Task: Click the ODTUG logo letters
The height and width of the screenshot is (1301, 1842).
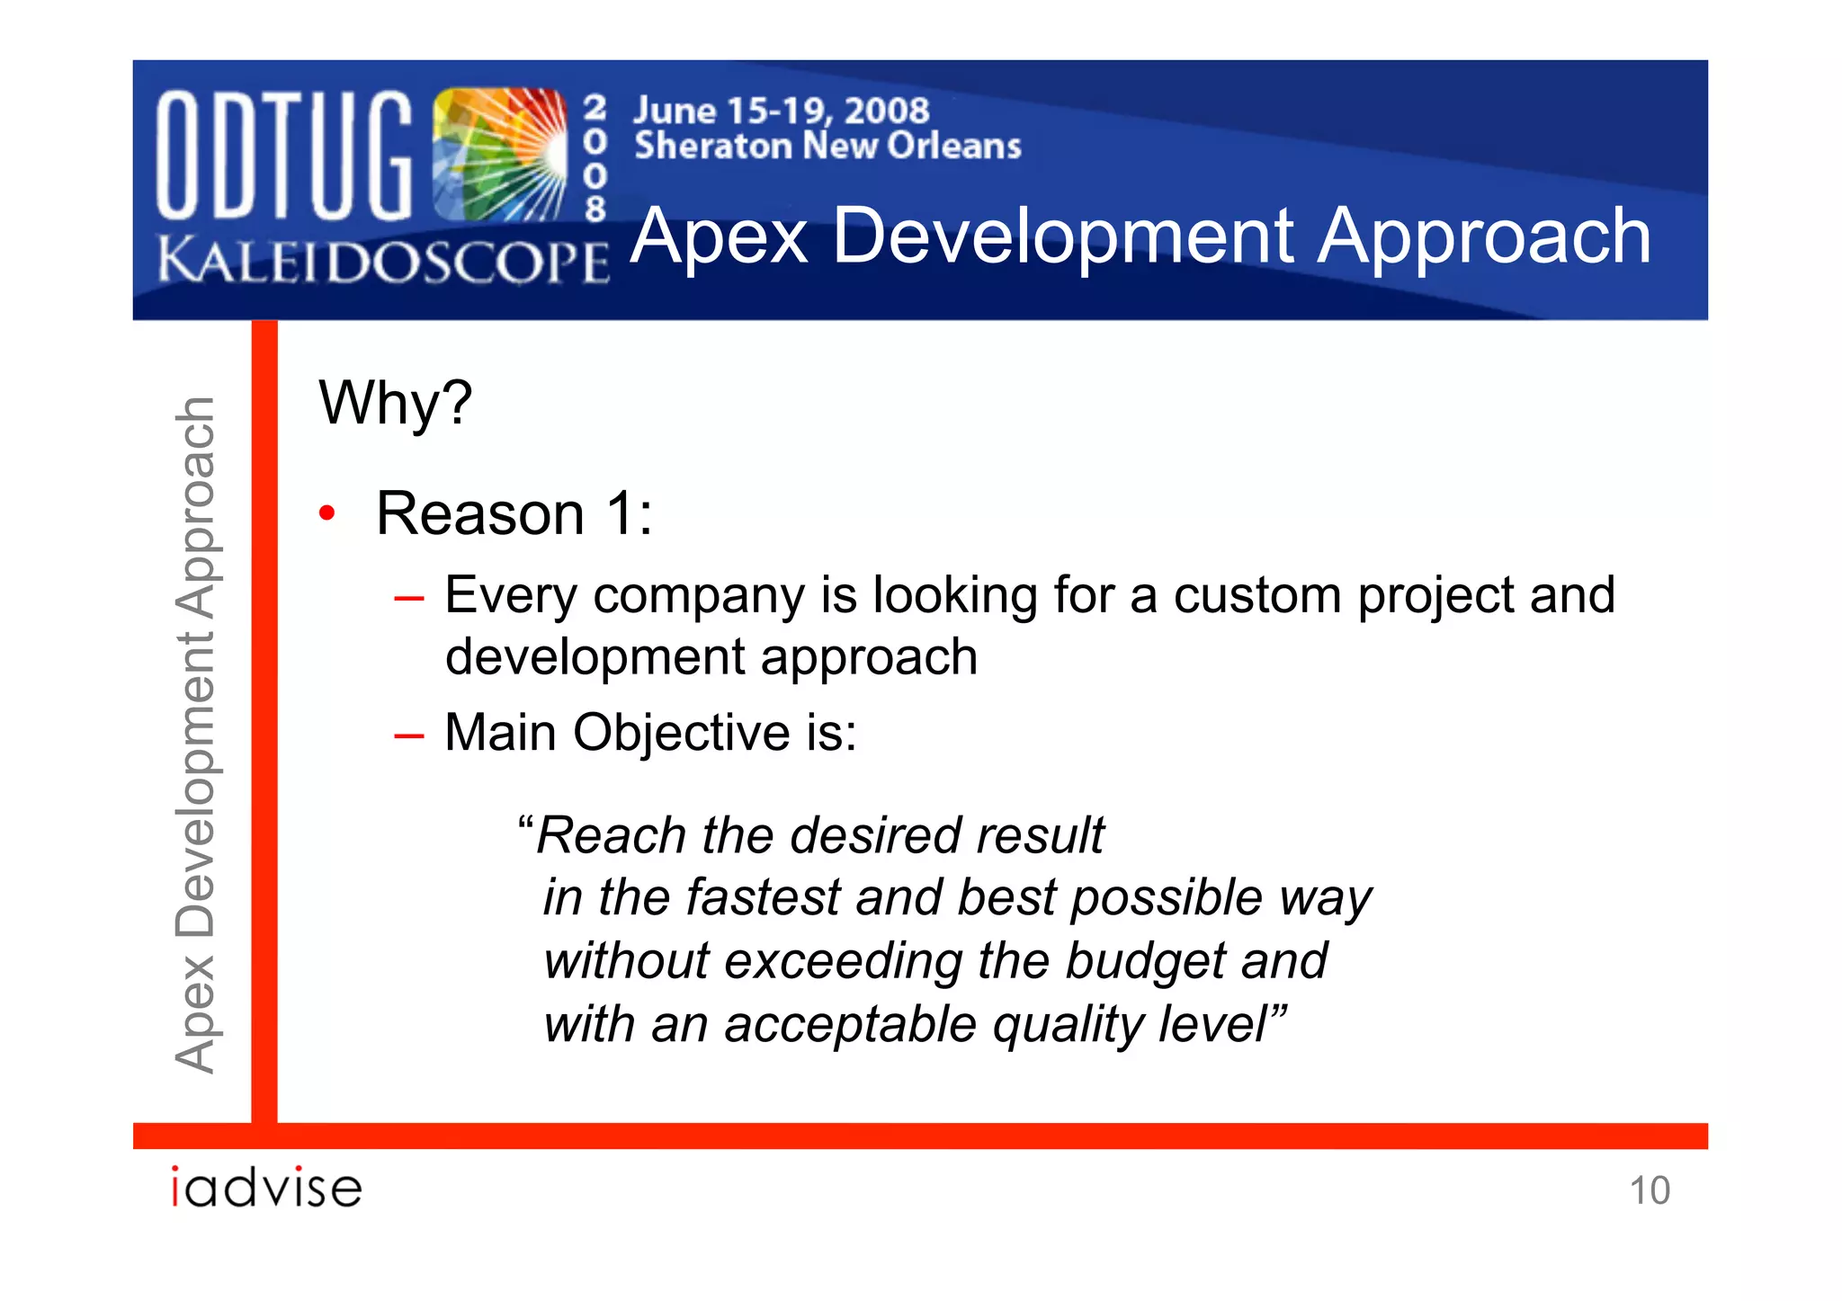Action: (283, 155)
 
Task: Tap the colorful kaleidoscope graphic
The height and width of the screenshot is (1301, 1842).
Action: (499, 155)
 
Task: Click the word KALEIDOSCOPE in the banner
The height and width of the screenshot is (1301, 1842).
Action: (383, 261)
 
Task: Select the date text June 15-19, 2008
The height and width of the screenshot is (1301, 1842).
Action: (781, 111)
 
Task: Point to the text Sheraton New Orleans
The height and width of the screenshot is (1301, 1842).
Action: (827, 146)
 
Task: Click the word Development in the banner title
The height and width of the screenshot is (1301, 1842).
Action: (1063, 236)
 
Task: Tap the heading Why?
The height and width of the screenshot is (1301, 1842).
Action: (395, 402)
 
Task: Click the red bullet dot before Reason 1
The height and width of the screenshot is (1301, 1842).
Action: (327, 513)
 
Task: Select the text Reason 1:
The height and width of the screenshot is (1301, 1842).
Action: (514, 513)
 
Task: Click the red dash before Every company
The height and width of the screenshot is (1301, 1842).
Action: (408, 598)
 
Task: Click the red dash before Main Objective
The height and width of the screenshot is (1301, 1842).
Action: (408, 735)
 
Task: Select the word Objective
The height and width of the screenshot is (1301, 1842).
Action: (681, 733)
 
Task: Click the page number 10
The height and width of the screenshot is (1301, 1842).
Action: (1650, 1190)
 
